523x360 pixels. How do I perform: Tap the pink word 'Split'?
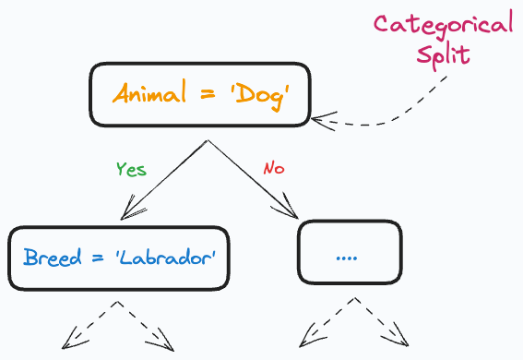(x=442, y=54)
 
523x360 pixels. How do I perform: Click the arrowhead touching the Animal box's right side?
(x=319, y=117)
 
